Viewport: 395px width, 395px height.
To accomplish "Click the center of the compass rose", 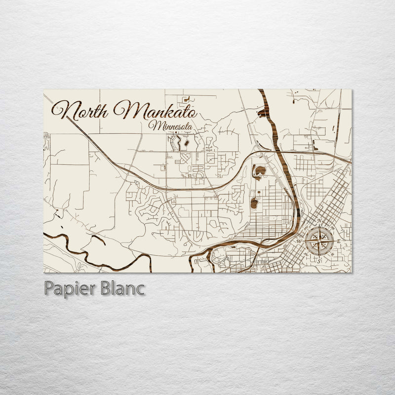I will tap(319, 240).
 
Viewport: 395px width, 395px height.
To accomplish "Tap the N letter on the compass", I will tap(319, 221).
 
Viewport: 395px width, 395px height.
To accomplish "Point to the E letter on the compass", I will tap(339, 240).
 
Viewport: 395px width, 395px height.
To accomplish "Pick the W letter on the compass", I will tap(299, 240).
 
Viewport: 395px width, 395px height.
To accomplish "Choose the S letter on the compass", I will tap(319, 260).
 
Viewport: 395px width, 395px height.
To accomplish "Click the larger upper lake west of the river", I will tap(259, 171).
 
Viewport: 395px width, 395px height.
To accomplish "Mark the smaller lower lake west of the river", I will tap(254, 202).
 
